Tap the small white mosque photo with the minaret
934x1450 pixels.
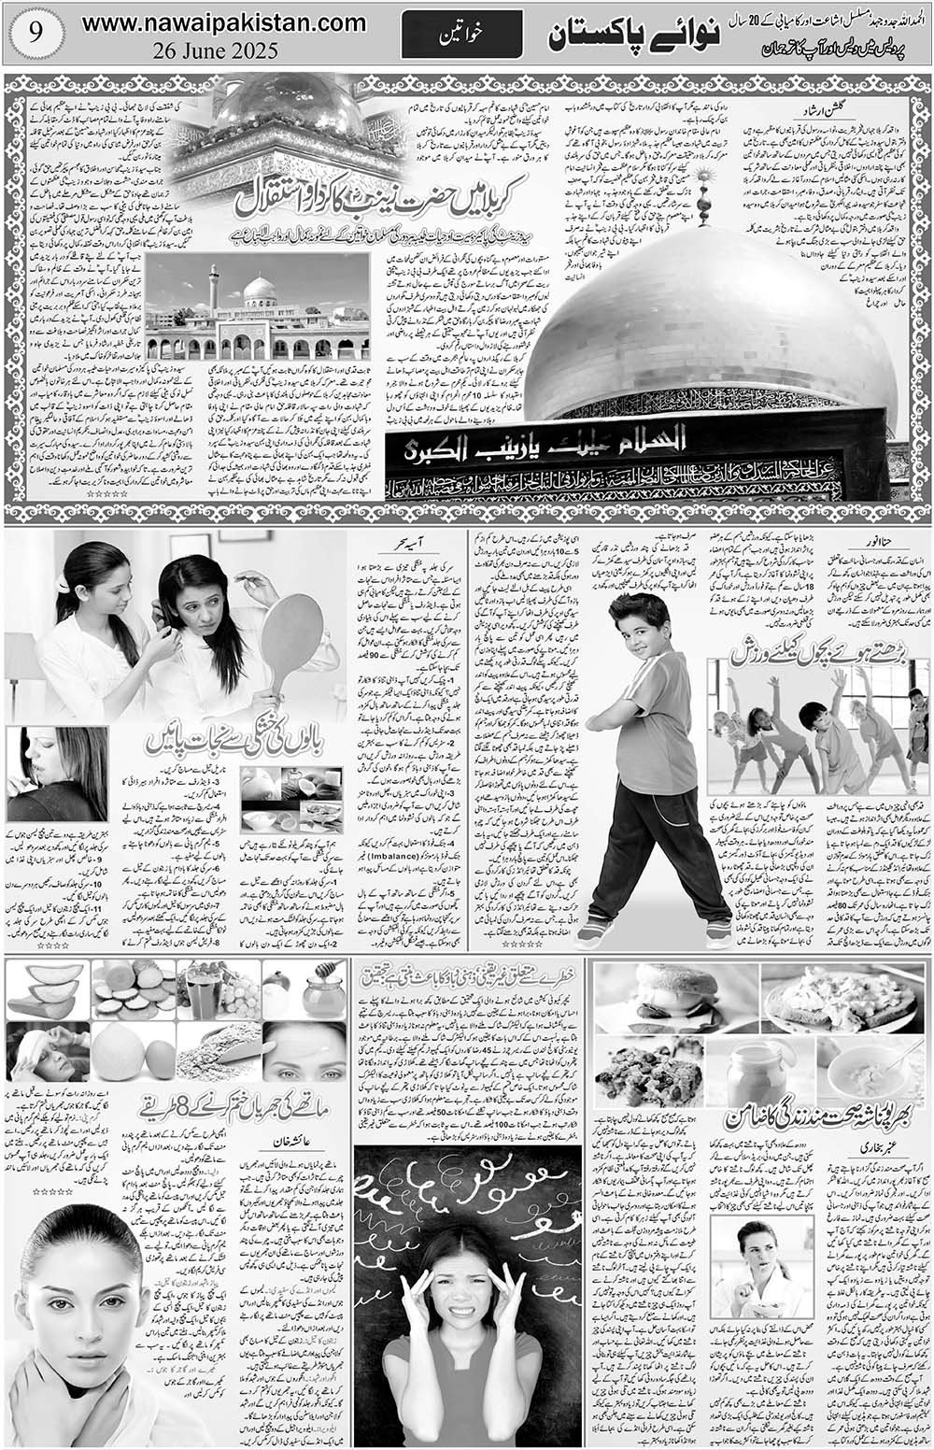(257, 308)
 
